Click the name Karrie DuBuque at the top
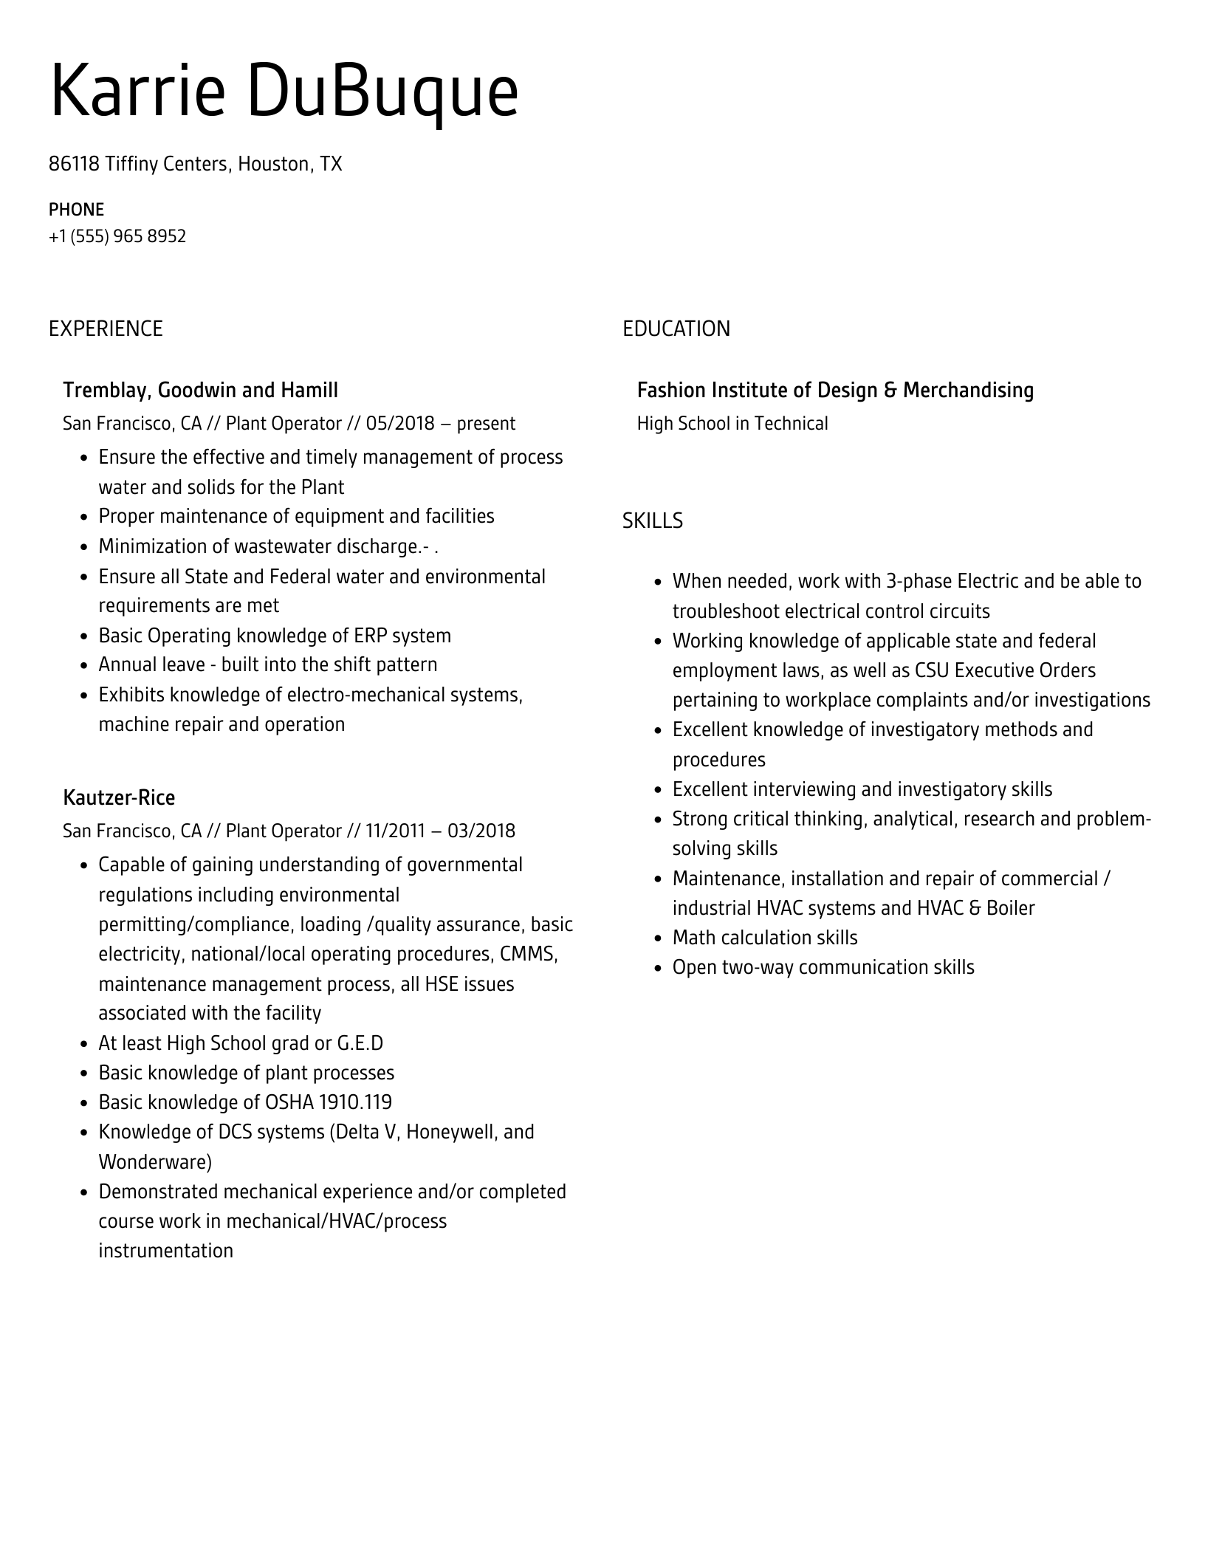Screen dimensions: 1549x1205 coord(284,92)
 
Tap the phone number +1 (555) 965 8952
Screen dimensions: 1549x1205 coord(117,237)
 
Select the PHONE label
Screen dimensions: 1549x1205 coord(76,210)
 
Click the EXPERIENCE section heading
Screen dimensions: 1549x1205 coord(106,329)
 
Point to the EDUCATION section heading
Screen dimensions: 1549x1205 coord(676,329)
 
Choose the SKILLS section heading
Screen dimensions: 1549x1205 coord(652,521)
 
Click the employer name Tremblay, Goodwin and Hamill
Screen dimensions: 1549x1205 coord(200,390)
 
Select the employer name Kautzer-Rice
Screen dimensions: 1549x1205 coord(119,797)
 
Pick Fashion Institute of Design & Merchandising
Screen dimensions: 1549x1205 coord(835,390)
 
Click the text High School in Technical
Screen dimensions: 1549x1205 coord(732,424)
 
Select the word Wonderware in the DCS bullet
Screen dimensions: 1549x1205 coord(154,1162)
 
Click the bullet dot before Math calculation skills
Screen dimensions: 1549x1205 coord(658,938)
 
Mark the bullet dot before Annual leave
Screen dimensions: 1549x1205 coord(84,665)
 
